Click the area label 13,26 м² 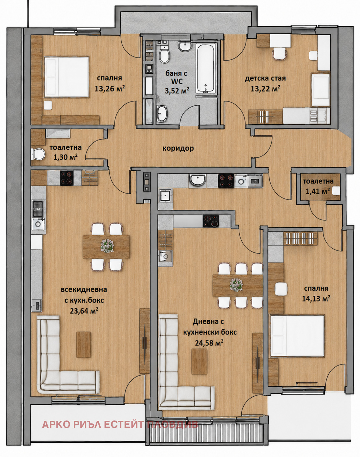tap(109, 88)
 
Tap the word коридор tap(178, 148)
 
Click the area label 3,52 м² tap(177, 90)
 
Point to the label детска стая tap(265, 78)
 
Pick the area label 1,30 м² tap(65, 157)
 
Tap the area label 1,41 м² tap(318, 191)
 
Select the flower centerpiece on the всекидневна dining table tap(107, 246)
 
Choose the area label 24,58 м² tap(209, 342)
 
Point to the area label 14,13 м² tap(316, 298)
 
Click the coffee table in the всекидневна tap(83, 345)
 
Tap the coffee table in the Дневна tap(199, 361)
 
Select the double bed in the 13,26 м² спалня tap(66, 77)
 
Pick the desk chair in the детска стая tap(279, 54)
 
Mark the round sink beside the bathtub tap(185, 46)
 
